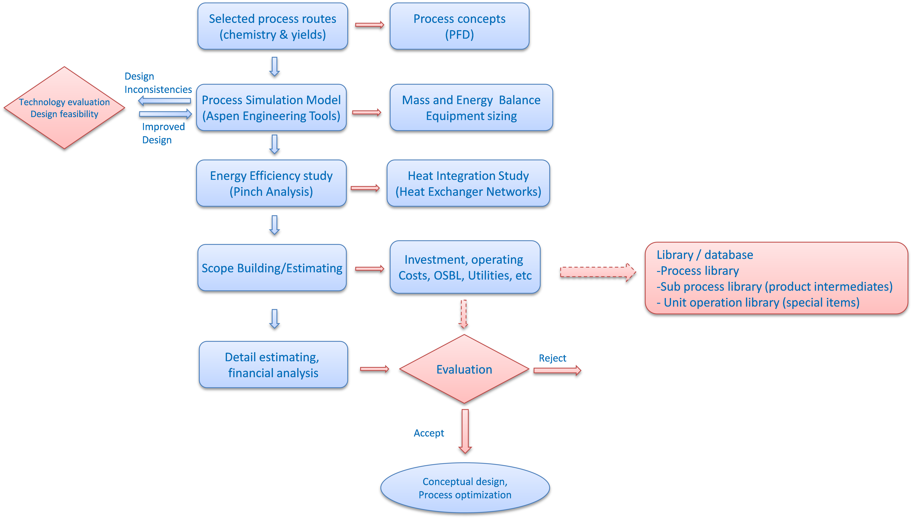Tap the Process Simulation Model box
point(271,108)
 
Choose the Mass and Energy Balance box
point(471,108)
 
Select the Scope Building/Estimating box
point(272,268)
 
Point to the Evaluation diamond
point(464,369)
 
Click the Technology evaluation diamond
point(64,108)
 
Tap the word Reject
point(552,358)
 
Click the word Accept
point(429,433)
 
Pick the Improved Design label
point(163,133)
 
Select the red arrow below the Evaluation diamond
point(465,431)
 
